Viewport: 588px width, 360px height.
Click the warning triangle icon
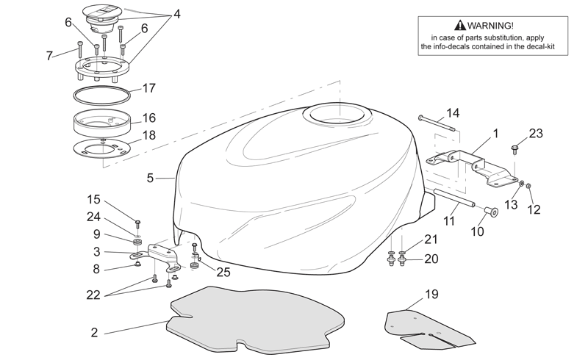pyautogui.click(x=460, y=25)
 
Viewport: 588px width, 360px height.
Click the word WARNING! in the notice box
pyautogui.click(x=490, y=26)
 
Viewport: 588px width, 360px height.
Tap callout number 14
pyautogui.click(x=453, y=113)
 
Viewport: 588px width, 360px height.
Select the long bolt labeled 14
pyautogui.click(x=437, y=123)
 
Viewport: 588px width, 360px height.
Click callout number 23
pyautogui.click(x=536, y=133)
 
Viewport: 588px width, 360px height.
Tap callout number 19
pyautogui.click(x=431, y=295)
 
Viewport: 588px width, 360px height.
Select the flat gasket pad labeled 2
pyautogui.click(x=255, y=320)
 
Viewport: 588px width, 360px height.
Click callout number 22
pyautogui.click(x=93, y=295)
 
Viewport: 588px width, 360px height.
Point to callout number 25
pyautogui.click(x=223, y=272)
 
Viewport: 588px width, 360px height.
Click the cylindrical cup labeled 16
pyautogui.click(x=101, y=123)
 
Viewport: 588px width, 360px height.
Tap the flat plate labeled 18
pyautogui.click(x=101, y=149)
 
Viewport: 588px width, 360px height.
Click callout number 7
pyautogui.click(x=49, y=56)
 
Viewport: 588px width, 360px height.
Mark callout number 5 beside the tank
pyautogui.click(x=150, y=178)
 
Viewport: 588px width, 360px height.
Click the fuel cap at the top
pyautogui.click(x=101, y=17)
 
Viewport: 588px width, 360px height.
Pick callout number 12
pyautogui.click(x=534, y=209)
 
